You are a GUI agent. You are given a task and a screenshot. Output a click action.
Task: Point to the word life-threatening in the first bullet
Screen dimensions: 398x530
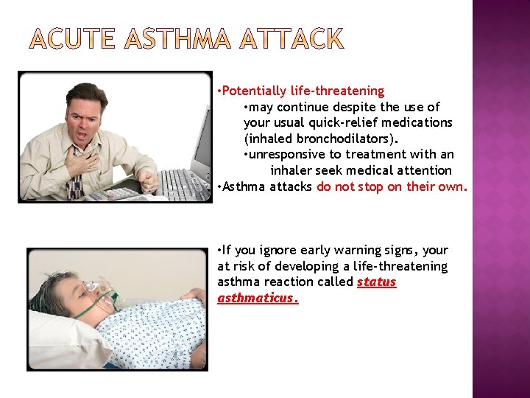[338, 91]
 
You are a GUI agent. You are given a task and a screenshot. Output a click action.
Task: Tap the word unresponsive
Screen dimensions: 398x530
[288, 155]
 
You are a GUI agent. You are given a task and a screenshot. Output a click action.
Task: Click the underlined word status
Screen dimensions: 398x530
[376, 282]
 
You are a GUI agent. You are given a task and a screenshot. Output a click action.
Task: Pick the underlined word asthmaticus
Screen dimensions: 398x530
[257, 298]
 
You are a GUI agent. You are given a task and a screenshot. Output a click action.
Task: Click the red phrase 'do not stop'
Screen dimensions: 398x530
[350, 186]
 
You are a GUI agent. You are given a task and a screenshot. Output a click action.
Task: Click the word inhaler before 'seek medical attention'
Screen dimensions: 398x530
[294, 170]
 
